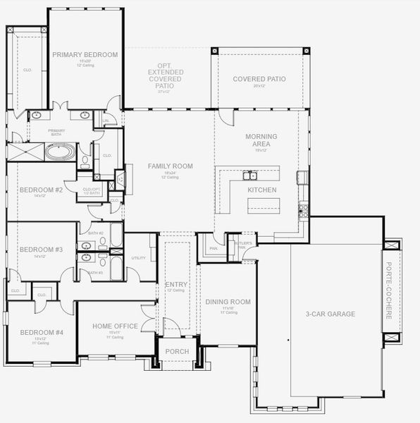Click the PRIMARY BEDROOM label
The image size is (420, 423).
pos(85,54)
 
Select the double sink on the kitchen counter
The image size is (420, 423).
pos(250,175)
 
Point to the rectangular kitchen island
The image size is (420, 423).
pos(263,205)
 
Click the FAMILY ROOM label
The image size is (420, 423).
pos(170,166)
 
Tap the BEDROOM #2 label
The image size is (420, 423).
pos(41,190)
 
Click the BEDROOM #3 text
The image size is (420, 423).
pos(41,250)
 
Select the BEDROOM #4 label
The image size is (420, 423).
pos(41,332)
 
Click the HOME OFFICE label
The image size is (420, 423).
pos(115,326)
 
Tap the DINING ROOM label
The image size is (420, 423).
pos(228,302)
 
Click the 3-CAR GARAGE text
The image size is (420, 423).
pos(330,314)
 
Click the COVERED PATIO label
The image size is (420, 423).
pos(259,79)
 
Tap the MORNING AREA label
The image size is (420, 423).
pos(261,140)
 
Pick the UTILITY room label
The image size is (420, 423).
pos(139,258)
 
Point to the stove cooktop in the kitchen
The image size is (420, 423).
pos(304,208)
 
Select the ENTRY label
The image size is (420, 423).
pos(175,284)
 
